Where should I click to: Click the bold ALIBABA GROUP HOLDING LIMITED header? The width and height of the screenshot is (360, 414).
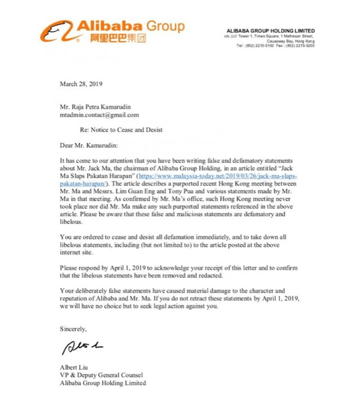click(271, 30)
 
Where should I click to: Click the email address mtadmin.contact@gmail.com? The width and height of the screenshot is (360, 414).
click(99, 115)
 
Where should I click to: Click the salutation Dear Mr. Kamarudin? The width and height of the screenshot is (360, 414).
click(92, 145)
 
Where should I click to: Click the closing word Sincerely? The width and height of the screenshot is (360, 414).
click(73, 327)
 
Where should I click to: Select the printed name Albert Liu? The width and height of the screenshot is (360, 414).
click(74, 367)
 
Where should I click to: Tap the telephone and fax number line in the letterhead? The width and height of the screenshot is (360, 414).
click(275, 46)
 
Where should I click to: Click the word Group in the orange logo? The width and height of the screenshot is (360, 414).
click(165, 26)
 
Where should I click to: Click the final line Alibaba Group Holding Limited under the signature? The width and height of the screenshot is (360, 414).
click(103, 382)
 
